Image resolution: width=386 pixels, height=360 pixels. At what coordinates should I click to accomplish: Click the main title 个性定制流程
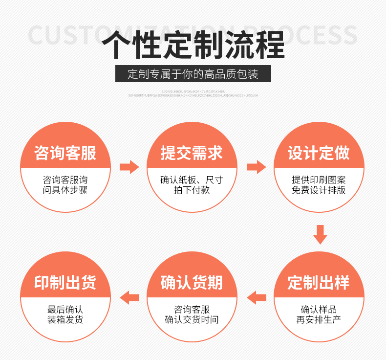pyautogui.click(x=193, y=45)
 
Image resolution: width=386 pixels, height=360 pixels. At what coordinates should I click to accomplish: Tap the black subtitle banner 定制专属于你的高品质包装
pyautogui.click(x=193, y=74)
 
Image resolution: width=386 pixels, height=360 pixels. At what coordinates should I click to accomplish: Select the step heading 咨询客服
pyautogui.click(x=65, y=153)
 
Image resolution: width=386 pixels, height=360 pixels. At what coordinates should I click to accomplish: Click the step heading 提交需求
pyautogui.click(x=192, y=153)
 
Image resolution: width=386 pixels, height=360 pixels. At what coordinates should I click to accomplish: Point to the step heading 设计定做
pyautogui.click(x=319, y=153)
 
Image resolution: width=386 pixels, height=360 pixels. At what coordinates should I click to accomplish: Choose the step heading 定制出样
pyautogui.click(x=319, y=283)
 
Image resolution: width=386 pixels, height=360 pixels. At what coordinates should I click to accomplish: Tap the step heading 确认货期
pyautogui.click(x=192, y=283)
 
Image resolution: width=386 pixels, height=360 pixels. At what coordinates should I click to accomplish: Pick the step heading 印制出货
pyautogui.click(x=65, y=283)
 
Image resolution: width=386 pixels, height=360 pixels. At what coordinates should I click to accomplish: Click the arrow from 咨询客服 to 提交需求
pyautogui.click(x=129, y=167)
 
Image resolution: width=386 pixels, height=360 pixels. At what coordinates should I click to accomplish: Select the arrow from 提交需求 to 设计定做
pyautogui.click(x=256, y=167)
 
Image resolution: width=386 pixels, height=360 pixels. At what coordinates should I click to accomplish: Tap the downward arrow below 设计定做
pyautogui.click(x=320, y=234)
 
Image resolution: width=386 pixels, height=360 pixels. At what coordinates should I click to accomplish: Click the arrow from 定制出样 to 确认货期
pyautogui.click(x=257, y=297)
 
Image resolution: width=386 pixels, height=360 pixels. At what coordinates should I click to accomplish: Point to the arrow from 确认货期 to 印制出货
pyautogui.click(x=129, y=297)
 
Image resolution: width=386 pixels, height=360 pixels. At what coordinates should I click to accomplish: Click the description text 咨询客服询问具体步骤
pyautogui.click(x=65, y=185)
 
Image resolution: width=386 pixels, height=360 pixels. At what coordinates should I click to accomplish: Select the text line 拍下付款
pyautogui.click(x=192, y=190)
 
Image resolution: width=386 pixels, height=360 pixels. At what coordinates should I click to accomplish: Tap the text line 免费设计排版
pyautogui.click(x=319, y=190)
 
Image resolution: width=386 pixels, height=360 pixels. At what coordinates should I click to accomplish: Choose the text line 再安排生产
pyautogui.click(x=319, y=320)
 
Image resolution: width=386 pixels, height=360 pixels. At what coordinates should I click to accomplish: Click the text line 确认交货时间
pyautogui.click(x=192, y=320)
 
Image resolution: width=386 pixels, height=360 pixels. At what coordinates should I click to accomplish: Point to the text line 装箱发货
pyautogui.click(x=65, y=320)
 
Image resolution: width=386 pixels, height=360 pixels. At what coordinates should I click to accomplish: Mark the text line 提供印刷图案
pyautogui.click(x=319, y=180)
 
